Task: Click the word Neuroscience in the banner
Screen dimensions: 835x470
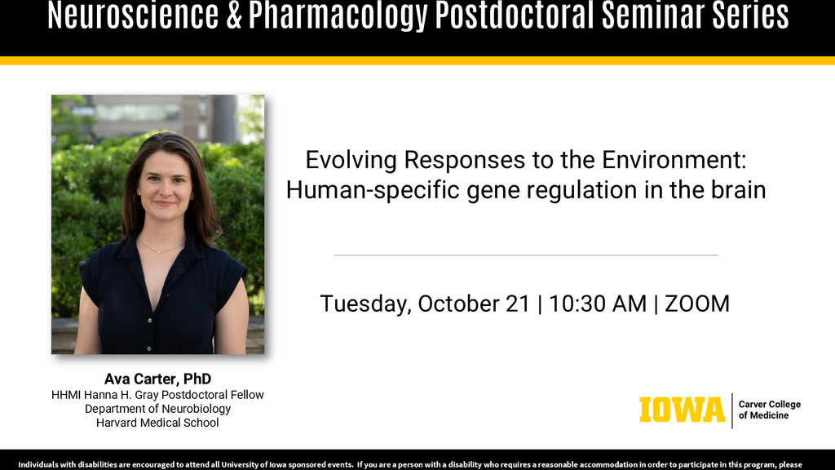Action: (133, 15)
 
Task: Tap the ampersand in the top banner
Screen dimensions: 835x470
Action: (234, 15)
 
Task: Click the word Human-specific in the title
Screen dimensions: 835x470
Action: (373, 190)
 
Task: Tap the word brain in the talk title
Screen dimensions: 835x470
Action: (738, 189)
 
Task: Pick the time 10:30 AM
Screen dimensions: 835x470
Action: (598, 304)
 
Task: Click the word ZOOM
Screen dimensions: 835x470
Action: (697, 304)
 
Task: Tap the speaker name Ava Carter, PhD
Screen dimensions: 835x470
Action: (157, 379)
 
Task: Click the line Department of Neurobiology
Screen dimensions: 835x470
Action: (157, 409)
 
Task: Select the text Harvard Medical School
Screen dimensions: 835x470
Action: (157, 423)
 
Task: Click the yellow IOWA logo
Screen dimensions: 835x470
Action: (683, 410)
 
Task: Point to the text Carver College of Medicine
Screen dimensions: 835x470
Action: (770, 410)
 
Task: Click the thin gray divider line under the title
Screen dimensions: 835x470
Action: (526, 255)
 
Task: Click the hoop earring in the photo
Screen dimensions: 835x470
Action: (137, 199)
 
